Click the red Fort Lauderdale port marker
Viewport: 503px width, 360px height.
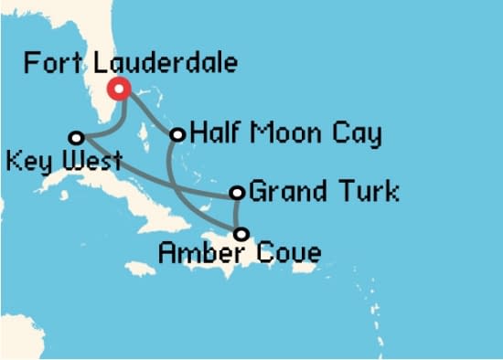[x=118, y=89]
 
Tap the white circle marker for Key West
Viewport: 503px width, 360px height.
[x=77, y=137]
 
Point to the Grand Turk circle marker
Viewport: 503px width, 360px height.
[x=238, y=193]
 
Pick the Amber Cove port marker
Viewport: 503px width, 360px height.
[x=241, y=234]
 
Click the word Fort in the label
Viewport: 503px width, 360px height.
[x=49, y=63]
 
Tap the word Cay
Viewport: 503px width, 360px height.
[x=359, y=136]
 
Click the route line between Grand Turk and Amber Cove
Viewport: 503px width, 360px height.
[x=237, y=214]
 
